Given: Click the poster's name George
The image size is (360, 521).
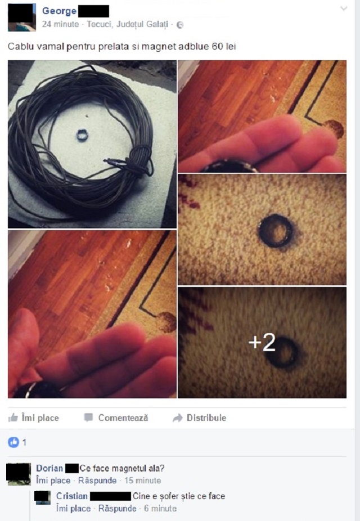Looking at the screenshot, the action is click(59, 11).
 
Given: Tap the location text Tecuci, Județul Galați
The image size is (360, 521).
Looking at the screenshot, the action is click(128, 24).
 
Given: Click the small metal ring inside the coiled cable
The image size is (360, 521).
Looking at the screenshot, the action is click(82, 135).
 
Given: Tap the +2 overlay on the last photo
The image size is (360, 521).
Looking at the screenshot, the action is click(262, 342).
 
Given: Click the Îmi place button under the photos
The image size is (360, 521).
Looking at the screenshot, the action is click(34, 417).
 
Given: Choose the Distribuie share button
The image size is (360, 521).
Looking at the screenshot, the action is click(200, 417).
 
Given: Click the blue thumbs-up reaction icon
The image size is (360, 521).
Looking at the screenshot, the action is click(13, 442).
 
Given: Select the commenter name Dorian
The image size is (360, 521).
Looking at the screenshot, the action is click(49, 468).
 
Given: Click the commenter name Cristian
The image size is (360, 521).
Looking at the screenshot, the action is click(72, 496).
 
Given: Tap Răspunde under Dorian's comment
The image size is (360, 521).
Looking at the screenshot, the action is click(97, 480).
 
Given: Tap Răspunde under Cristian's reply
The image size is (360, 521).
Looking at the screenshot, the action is click(117, 509).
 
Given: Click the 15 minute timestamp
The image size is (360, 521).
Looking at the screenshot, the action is click(143, 480).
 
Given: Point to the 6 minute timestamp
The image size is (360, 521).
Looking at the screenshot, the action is click(160, 509).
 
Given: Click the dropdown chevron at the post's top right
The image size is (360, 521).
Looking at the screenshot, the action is click(344, 8).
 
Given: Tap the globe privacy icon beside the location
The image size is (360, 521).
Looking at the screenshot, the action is click(179, 25).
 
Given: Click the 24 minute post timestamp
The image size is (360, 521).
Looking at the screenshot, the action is click(60, 24).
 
